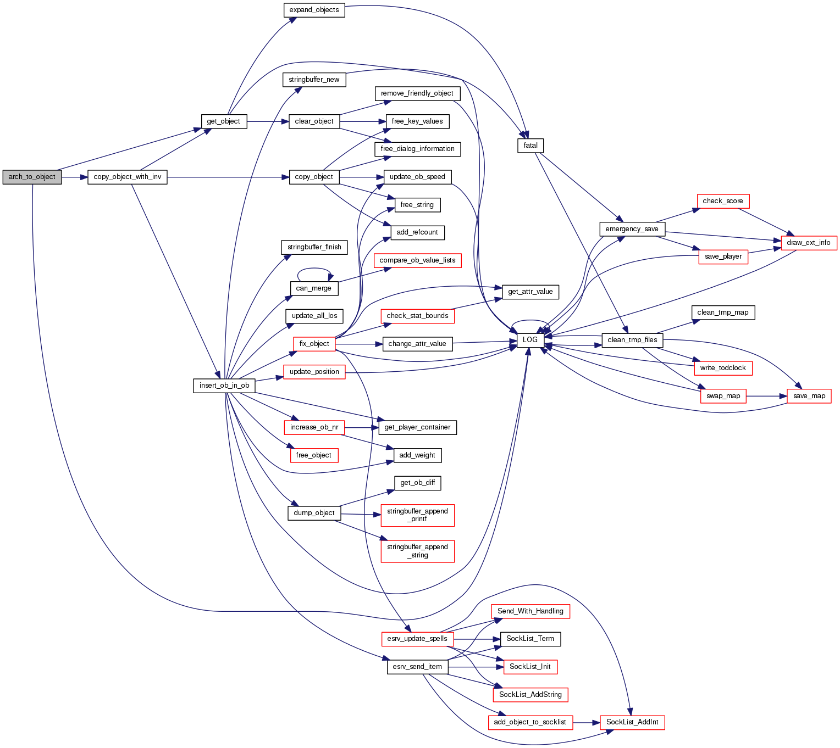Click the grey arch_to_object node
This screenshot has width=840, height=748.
[32, 177]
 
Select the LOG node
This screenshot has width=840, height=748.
[530, 340]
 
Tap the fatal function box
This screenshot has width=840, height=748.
[530, 146]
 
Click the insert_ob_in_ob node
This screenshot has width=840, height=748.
[224, 386]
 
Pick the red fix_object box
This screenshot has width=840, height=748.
[314, 344]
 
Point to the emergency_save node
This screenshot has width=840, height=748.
[632, 229]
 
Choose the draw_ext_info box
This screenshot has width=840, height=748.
[808, 243]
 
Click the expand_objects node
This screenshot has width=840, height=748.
[314, 10]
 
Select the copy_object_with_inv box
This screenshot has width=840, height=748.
[128, 177]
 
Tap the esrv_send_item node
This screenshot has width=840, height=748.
[417, 667]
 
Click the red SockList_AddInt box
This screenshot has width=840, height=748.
[632, 722]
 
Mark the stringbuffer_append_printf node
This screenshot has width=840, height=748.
[417, 515]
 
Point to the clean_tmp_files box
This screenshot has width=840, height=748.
[632, 340]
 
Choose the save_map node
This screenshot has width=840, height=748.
[809, 396]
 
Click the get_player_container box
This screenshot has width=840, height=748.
[417, 427]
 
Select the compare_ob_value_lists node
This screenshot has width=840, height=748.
[417, 260]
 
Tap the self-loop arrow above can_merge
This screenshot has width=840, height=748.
[314, 269]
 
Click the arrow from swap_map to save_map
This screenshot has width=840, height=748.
[766, 396]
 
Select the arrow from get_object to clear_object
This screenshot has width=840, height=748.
[268, 121]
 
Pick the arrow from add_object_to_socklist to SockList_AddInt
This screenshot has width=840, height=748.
[586, 722]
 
